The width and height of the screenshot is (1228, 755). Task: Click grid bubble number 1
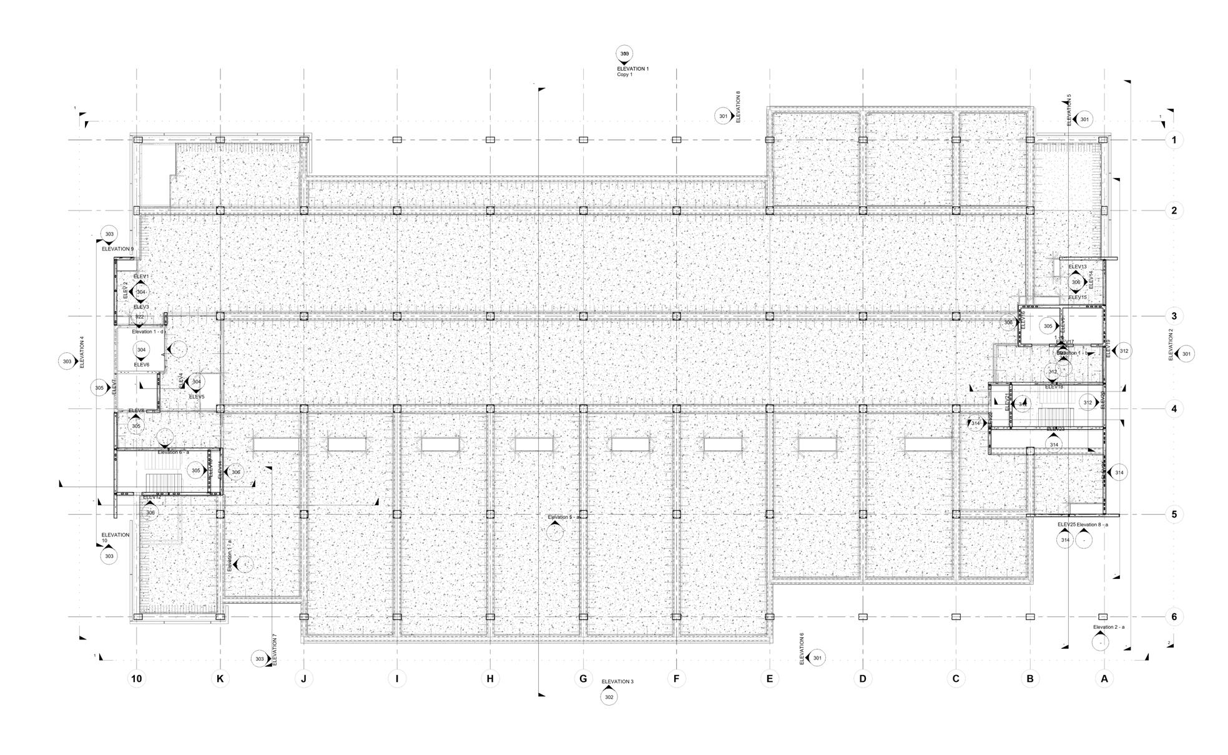click(x=1174, y=140)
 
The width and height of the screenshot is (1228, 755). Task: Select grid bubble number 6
click(x=1174, y=617)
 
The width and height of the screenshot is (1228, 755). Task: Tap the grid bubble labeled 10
click(x=137, y=679)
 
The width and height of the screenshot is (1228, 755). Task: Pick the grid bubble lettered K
click(x=220, y=679)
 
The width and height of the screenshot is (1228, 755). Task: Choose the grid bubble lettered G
click(x=583, y=679)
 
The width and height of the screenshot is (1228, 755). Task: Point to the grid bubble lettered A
click(x=1104, y=679)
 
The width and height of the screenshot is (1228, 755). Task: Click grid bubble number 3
click(x=1174, y=316)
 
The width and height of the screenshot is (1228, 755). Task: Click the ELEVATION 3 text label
click(x=617, y=681)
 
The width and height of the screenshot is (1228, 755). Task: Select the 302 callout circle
click(x=609, y=697)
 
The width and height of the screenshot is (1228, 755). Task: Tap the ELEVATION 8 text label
click(x=738, y=107)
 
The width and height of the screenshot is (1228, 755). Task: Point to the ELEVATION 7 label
click(x=275, y=650)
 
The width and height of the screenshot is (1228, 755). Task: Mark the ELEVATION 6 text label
click(x=802, y=649)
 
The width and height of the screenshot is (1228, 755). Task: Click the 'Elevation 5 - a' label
click(x=564, y=517)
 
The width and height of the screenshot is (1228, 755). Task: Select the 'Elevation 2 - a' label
click(x=1109, y=627)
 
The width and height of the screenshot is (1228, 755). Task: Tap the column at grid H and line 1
click(x=490, y=140)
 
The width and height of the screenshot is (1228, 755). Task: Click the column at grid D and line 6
click(x=863, y=617)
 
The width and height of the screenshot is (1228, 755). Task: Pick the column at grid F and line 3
click(x=676, y=316)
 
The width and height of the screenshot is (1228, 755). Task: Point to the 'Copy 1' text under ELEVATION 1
click(x=624, y=74)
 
